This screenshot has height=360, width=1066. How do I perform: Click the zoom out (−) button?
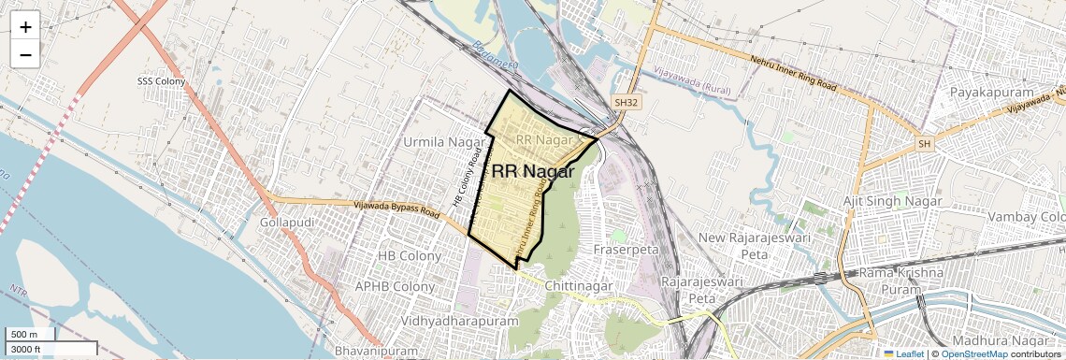(x=25, y=54)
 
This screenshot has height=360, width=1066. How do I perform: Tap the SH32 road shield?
(x=626, y=102)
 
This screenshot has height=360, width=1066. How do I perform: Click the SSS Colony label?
(x=162, y=81)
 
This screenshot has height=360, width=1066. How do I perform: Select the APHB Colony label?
(x=395, y=286)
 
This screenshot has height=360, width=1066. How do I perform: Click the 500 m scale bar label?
(x=24, y=335)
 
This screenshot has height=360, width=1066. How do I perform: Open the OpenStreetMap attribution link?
(x=973, y=353)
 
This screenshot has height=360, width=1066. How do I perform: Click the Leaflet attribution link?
(x=903, y=353)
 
